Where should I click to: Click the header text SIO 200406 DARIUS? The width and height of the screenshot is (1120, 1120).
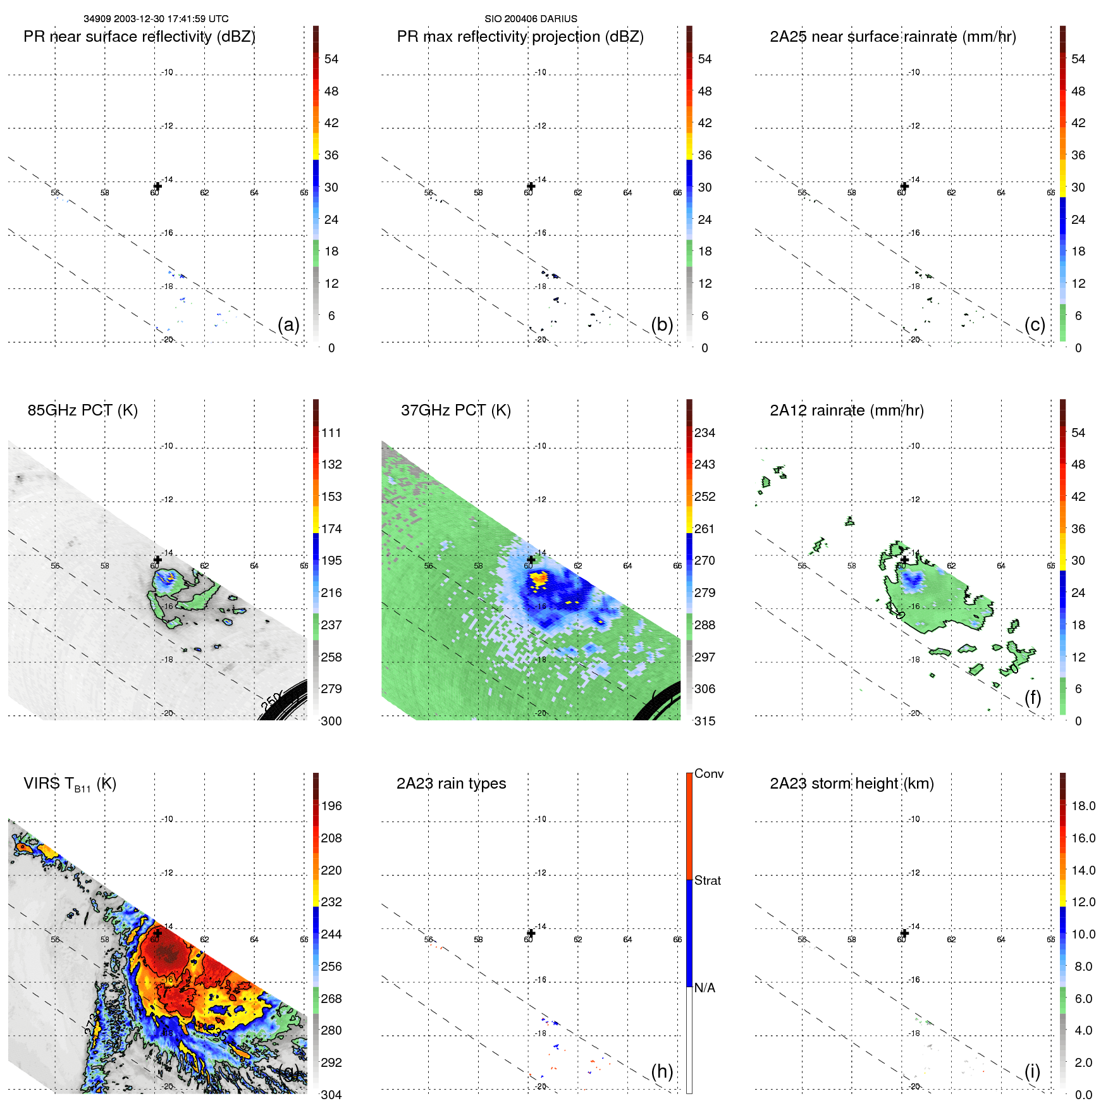(x=531, y=19)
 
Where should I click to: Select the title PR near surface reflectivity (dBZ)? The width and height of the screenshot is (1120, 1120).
(x=139, y=37)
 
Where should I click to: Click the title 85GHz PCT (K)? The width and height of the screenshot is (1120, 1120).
(x=82, y=410)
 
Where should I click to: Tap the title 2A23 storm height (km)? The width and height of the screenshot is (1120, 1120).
(x=851, y=784)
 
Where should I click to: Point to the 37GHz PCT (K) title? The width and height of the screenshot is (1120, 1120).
(x=455, y=410)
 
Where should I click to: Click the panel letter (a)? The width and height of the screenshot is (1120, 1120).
(x=288, y=324)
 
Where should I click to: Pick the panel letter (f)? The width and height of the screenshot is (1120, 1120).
(x=1032, y=698)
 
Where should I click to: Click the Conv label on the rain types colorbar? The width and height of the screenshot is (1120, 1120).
(x=708, y=773)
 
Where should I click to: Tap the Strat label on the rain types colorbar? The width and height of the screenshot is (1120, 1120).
(x=707, y=880)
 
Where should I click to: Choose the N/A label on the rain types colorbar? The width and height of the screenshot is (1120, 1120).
(x=705, y=988)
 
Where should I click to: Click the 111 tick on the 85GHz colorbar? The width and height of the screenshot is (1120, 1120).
(x=331, y=433)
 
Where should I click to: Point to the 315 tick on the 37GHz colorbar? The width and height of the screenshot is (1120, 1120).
(x=705, y=721)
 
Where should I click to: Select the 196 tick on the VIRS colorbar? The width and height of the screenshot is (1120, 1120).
(x=331, y=806)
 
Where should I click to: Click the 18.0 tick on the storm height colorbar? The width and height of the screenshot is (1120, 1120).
(x=1083, y=806)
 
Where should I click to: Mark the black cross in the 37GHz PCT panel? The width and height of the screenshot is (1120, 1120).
(x=531, y=560)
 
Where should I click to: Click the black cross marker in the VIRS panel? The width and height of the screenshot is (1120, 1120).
(x=158, y=933)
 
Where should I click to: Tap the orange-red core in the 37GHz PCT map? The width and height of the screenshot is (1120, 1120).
(x=538, y=578)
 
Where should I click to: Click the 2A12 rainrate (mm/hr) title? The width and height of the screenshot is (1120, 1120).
(x=846, y=410)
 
